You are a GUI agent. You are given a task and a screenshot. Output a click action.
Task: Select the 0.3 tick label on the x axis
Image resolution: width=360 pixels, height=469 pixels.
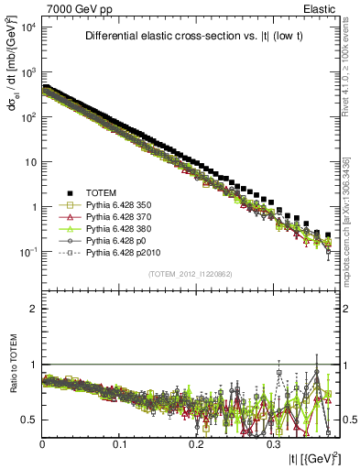272,443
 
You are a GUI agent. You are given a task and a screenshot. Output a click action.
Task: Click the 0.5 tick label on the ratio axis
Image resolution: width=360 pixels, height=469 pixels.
29,420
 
